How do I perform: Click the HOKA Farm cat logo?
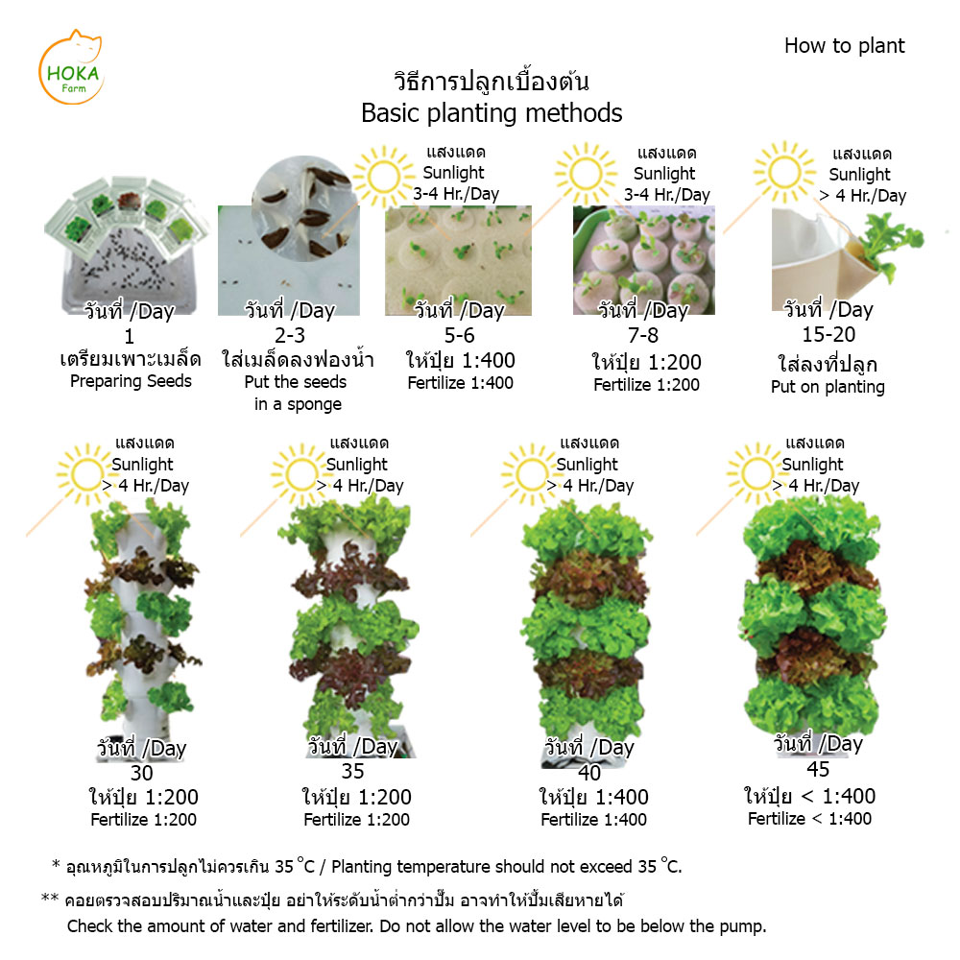pos(71,67)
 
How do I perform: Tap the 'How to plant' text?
pos(844,46)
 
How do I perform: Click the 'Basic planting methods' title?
pos(492,113)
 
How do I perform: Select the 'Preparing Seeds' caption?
pos(131,381)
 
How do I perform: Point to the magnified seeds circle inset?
pos(301,208)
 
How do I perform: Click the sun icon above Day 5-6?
pos(384,177)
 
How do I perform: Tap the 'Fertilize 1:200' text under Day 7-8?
pos(646,385)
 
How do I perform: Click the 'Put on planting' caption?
pos(828,387)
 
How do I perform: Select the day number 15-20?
pos(829,334)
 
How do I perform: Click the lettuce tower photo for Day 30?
pos(143,625)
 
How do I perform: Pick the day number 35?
pos(352,772)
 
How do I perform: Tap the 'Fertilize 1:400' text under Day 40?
pos(593,819)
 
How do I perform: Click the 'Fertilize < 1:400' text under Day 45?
pos(809,819)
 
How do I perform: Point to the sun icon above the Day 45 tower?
pos(756,473)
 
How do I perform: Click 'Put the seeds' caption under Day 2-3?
pos(295,382)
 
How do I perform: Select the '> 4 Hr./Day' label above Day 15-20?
pos(863,196)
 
